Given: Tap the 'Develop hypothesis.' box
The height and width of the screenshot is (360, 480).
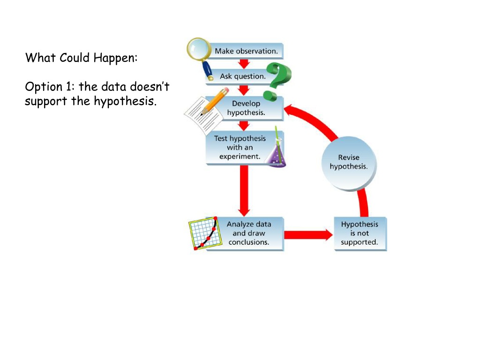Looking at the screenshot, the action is pyautogui.click(x=245, y=108).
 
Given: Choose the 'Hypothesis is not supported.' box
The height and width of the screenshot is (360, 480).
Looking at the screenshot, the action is pyautogui.click(x=360, y=233).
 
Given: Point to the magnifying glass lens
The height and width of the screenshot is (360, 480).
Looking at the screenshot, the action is pyautogui.click(x=198, y=49).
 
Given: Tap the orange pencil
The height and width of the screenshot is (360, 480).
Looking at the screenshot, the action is pyautogui.click(x=215, y=101).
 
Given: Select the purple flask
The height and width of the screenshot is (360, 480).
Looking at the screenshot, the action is pyautogui.click(x=277, y=150).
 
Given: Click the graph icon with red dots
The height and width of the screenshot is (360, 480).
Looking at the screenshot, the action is pyautogui.click(x=205, y=233).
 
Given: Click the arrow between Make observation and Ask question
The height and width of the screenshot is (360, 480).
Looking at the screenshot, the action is pyautogui.click(x=244, y=64).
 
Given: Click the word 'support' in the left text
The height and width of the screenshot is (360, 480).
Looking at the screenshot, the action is pyautogui.click(x=46, y=102).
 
